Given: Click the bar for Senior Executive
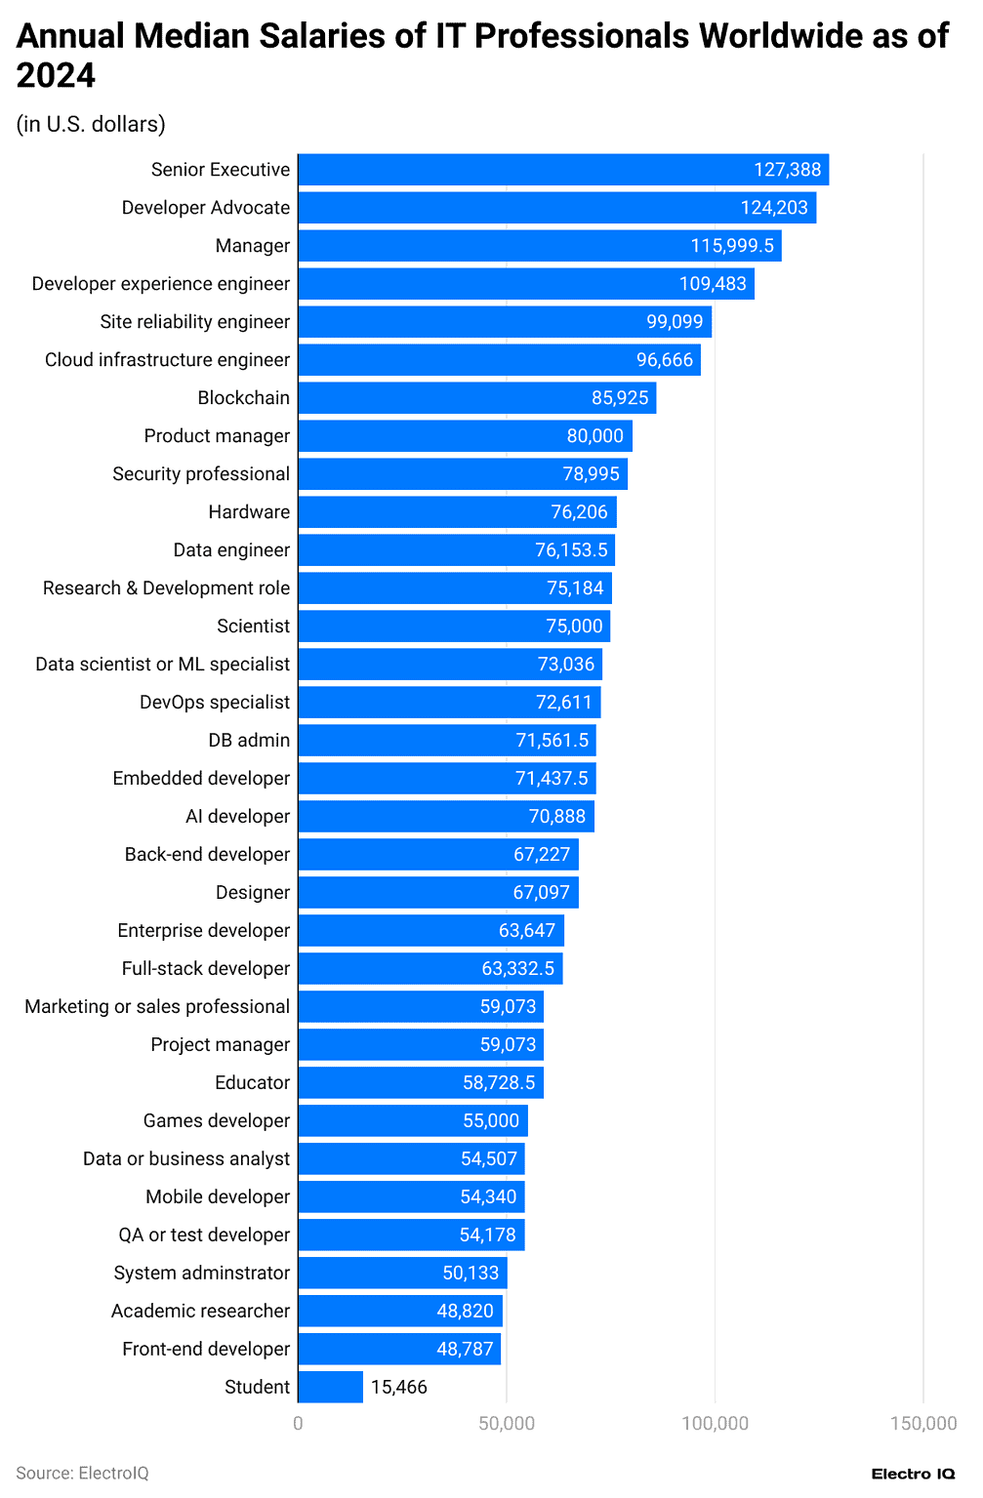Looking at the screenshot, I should [x=563, y=170].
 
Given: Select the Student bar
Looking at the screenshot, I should [x=330, y=1387].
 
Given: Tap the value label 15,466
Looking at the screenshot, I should [x=398, y=1387].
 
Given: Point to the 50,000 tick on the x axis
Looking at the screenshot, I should [x=506, y=1424].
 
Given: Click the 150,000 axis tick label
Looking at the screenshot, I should [x=922, y=1424].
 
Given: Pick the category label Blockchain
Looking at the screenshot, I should [x=243, y=398].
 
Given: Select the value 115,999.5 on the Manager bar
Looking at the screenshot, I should [x=732, y=246].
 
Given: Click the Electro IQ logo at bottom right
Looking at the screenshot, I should [x=913, y=1474].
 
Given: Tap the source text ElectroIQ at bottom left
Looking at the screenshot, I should [x=83, y=1474].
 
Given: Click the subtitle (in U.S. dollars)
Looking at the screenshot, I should [x=91, y=124].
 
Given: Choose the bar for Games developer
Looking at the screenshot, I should [x=412, y=1120].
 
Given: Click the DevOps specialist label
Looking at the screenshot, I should [x=215, y=703].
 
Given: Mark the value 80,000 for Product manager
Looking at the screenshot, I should [x=594, y=436].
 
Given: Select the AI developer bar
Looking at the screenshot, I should [x=445, y=817].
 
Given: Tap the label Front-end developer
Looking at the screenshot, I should [x=206, y=1349].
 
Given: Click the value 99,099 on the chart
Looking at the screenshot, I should [x=675, y=322].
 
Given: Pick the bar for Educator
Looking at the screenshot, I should [x=420, y=1082].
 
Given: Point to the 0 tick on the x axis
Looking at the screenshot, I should [x=298, y=1424].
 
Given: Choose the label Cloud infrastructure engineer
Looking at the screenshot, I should [x=167, y=360].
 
